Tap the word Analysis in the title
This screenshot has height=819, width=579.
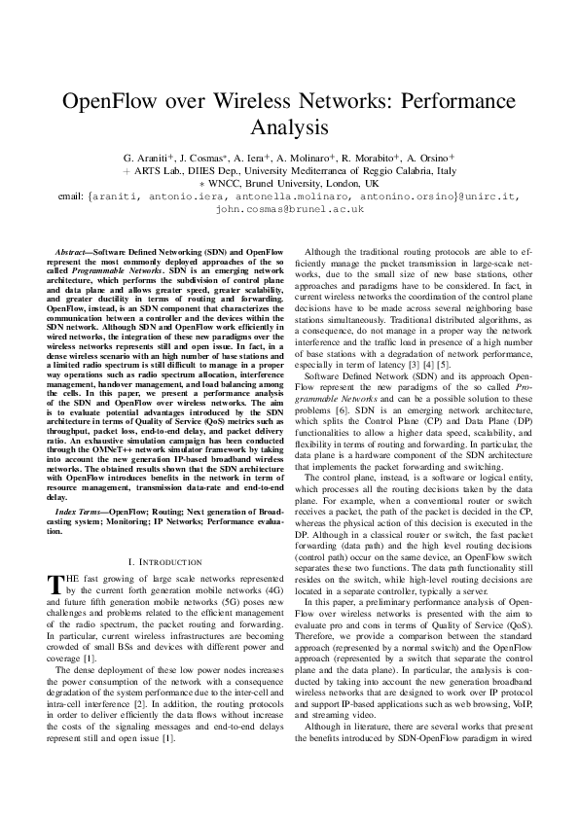pos(289,127)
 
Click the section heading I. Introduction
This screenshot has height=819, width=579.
pos(164,561)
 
